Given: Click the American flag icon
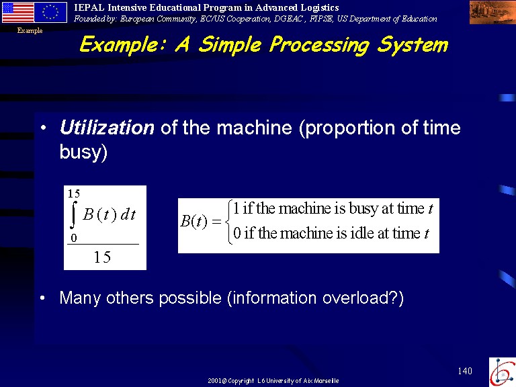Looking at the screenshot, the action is (x=18, y=12).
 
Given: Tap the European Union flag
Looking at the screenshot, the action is (x=50, y=12).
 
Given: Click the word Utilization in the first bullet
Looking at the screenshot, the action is (x=107, y=128).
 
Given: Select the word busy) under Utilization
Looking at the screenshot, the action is (x=83, y=153).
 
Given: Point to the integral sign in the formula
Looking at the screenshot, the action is (x=73, y=214).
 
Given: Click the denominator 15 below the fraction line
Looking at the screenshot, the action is (x=102, y=257).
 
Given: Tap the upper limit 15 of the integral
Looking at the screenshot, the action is (x=74, y=193).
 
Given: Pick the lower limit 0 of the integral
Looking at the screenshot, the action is (x=74, y=238).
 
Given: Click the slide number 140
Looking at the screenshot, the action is (x=465, y=371).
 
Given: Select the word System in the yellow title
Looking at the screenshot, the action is (x=413, y=44).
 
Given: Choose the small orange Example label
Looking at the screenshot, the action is (x=30, y=31).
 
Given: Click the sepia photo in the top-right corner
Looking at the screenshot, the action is (x=492, y=13).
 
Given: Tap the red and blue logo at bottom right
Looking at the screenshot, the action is (x=502, y=372).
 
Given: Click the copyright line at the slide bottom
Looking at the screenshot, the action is (x=273, y=381).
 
